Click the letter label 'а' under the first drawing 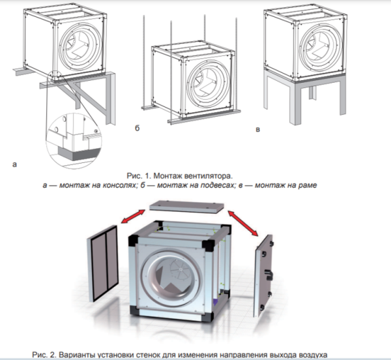point(14,166)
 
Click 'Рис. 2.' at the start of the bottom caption point(45,354)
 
